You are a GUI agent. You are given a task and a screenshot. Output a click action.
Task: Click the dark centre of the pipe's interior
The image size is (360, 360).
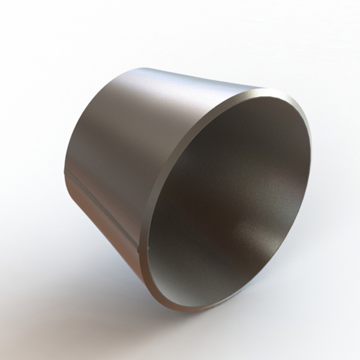[x=217, y=186]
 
